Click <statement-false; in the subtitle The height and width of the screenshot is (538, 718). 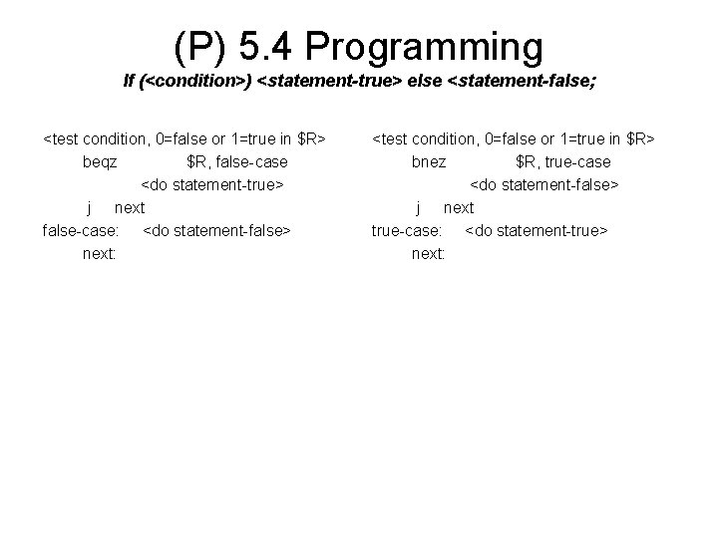click(x=524, y=82)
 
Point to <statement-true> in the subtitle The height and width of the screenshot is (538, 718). click(x=330, y=82)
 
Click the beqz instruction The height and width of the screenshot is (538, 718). click(x=101, y=160)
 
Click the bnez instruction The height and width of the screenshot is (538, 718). click(x=429, y=160)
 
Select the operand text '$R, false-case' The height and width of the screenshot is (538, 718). click(x=237, y=160)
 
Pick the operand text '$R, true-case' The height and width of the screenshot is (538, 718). click(x=563, y=160)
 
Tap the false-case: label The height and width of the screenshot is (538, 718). click(x=81, y=230)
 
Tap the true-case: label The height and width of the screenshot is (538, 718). click(x=406, y=230)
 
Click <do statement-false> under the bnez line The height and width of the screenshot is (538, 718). click(x=544, y=184)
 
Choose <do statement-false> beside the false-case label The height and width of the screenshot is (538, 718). click(x=217, y=230)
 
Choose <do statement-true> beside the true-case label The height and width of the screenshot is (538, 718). click(x=537, y=230)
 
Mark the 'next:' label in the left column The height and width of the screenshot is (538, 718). click(x=100, y=254)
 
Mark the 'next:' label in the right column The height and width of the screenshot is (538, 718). click(x=429, y=254)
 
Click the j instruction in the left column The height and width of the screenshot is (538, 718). click(x=91, y=207)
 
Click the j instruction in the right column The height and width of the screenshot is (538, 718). click(x=420, y=207)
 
